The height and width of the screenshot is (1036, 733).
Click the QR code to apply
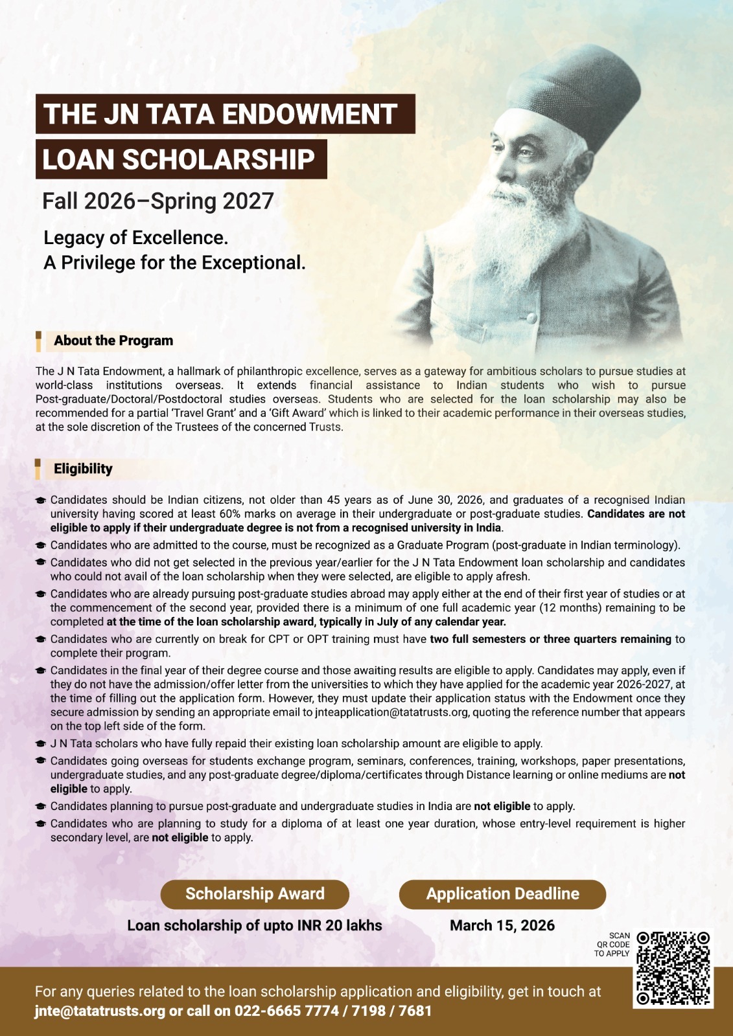pos(674,969)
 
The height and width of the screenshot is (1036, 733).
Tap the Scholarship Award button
pos(255,894)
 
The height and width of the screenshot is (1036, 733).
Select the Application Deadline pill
pos(502,894)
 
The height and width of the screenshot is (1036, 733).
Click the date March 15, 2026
pos(502,925)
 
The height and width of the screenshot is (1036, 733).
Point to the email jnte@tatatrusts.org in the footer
pos(100,1011)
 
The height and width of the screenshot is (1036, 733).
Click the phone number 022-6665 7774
pos(286,1011)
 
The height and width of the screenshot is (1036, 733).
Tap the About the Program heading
pos(113,341)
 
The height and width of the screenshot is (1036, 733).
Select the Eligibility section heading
pos(83,469)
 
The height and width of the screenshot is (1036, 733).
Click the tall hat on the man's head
pos(570,91)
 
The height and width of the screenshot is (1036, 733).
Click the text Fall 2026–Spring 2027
pos(158,201)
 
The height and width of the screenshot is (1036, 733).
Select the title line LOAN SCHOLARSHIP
pos(179,159)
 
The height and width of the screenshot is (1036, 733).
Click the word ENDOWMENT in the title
pos(310,114)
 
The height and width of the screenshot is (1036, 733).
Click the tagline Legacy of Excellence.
pos(135,238)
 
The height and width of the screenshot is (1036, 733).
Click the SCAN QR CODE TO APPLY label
pos(612,944)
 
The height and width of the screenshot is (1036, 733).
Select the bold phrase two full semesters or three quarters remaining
pos(550,639)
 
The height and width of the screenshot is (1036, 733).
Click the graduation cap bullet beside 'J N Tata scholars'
pos(41,744)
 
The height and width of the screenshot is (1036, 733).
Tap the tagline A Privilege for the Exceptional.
pos(174,263)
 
